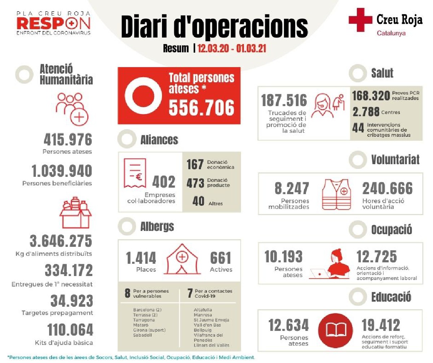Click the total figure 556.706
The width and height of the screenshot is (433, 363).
coord(201,107)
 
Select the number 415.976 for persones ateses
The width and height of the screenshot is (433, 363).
coord(68,140)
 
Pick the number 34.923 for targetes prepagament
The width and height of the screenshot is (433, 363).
coord(71,301)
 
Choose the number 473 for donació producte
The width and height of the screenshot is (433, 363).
coord(196,183)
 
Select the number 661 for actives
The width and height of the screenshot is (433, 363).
coord(221,258)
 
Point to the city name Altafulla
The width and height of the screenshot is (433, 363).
coord(203,310)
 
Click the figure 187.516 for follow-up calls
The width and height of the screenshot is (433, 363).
coord(284,101)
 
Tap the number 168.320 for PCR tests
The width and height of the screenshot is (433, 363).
coord(371,95)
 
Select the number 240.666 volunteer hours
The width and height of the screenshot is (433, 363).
coord(387,188)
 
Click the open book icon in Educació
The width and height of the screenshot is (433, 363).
coord(336,329)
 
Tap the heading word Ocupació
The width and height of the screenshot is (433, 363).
coord(392,229)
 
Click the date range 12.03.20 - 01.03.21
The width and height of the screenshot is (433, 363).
coord(232,48)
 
